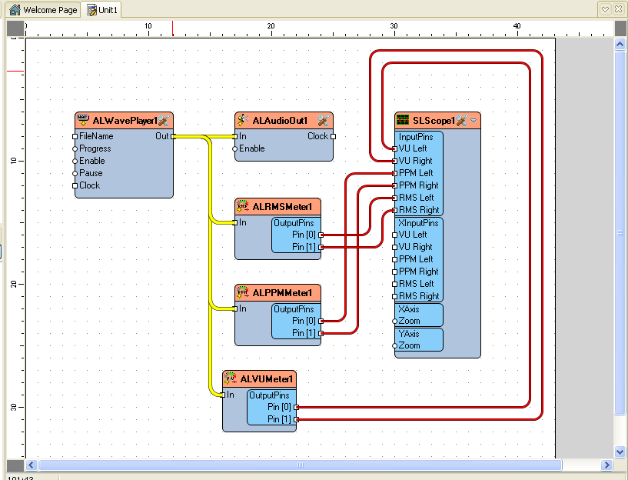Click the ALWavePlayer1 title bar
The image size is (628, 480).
124,121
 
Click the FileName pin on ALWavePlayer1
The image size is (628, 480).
75,136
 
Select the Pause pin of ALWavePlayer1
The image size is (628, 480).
75,173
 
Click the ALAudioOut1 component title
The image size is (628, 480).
280,121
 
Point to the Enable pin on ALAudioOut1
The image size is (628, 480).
235,148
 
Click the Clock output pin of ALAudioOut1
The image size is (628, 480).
333,136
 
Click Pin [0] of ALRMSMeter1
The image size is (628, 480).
321,235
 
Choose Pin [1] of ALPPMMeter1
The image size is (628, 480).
321,333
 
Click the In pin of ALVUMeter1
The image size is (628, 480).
223,395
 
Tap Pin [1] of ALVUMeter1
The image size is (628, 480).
296,419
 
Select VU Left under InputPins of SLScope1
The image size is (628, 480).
395,148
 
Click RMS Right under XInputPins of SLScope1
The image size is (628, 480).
395,296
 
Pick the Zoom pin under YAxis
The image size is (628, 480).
395,345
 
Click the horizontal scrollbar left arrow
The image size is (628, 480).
32,465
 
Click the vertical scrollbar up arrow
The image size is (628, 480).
620,45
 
